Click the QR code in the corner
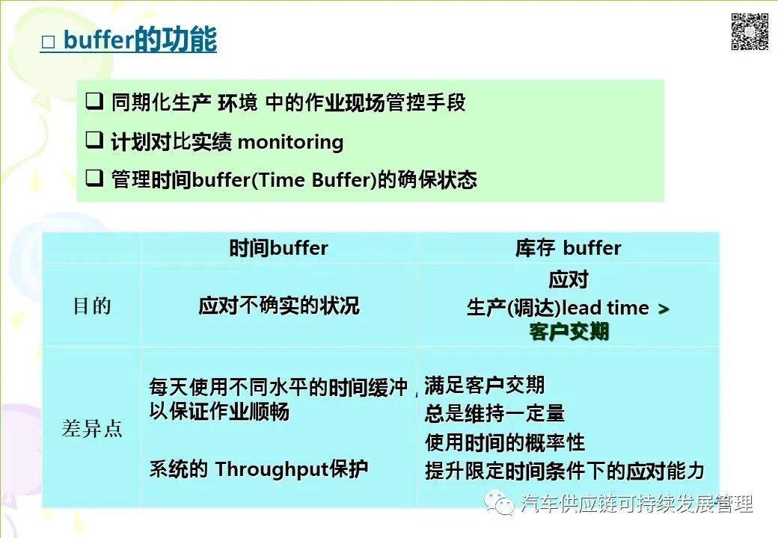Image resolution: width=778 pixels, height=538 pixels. (x=750, y=31)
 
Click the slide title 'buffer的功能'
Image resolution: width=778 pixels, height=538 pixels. (x=140, y=40)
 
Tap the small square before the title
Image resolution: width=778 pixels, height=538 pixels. (x=49, y=43)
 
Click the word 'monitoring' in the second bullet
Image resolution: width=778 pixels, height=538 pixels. (x=290, y=141)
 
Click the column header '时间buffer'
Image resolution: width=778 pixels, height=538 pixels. (x=278, y=248)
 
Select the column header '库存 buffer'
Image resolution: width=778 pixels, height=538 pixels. (x=568, y=248)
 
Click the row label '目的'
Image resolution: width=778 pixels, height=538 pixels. (x=91, y=306)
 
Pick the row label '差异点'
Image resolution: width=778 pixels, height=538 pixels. (x=91, y=430)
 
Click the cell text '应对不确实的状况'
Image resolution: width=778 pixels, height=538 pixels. (x=278, y=306)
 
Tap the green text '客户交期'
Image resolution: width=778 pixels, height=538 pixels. (x=569, y=332)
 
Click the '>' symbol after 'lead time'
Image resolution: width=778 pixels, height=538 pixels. (x=663, y=309)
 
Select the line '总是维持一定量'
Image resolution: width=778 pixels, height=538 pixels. (x=494, y=413)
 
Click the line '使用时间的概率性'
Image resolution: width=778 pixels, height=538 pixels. (x=505, y=442)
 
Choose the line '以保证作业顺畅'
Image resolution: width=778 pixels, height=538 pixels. (x=218, y=412)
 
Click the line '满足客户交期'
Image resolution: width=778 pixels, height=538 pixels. (x=485, y=386)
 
